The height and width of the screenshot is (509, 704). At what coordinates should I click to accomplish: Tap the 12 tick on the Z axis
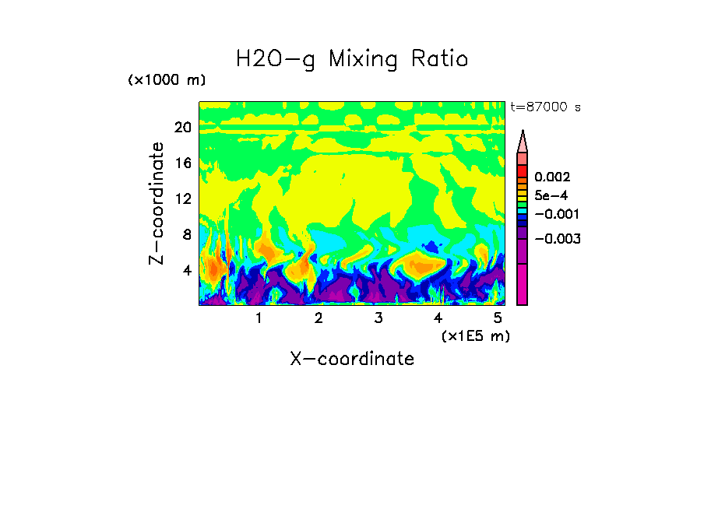pyautogui.click(x=182, y=198)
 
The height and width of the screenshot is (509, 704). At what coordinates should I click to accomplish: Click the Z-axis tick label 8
pyautogui.click(x=186, y=234)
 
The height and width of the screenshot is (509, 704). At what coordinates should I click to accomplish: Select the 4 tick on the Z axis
pyautogui.click(x=186, y=270)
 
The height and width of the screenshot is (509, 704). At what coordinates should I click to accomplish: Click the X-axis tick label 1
pyautogui.click(x=259, y=318)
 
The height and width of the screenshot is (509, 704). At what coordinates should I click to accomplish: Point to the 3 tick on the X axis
pyautogui.click(x=378, y=318)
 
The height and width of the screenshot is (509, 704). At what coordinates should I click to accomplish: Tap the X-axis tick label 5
pyautogui.click(x=497, y=318)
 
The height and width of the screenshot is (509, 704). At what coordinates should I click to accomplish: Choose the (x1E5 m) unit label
pyautogui.click(x=475, y=335)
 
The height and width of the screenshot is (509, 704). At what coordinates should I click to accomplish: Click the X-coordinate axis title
pyautogui.click(x=351, y=359)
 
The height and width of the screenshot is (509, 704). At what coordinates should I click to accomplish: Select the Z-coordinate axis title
pyautogui.click(x=157, y=203)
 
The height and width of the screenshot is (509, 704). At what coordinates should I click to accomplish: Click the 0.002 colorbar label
pyautogui.click(x=551, y=177)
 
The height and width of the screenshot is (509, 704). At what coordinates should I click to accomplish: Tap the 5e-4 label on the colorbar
pyautogui.click(x=551, y=195)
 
